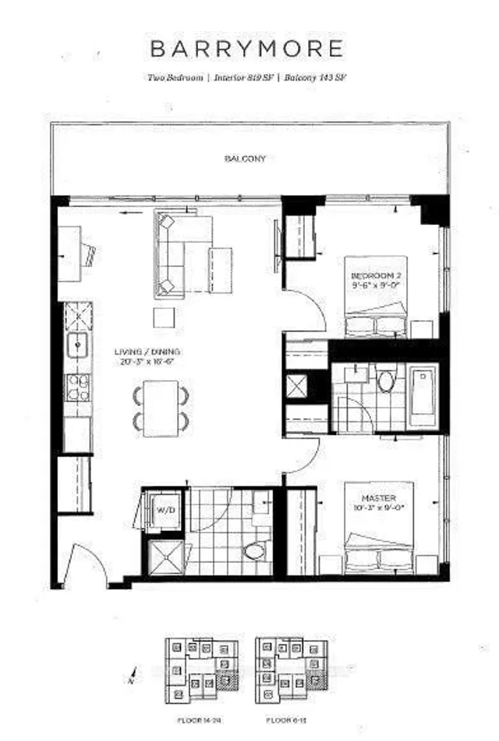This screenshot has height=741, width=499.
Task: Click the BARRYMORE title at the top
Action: tap(246, 48)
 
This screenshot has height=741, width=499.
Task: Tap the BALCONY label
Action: tap(245, 159)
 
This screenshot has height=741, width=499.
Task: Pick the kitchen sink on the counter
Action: tap(77, 344)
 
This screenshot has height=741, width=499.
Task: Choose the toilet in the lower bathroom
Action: tap(253, 552)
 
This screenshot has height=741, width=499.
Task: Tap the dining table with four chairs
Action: tap(161, 408)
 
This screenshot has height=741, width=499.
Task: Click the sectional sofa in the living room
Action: tap(184, 251)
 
